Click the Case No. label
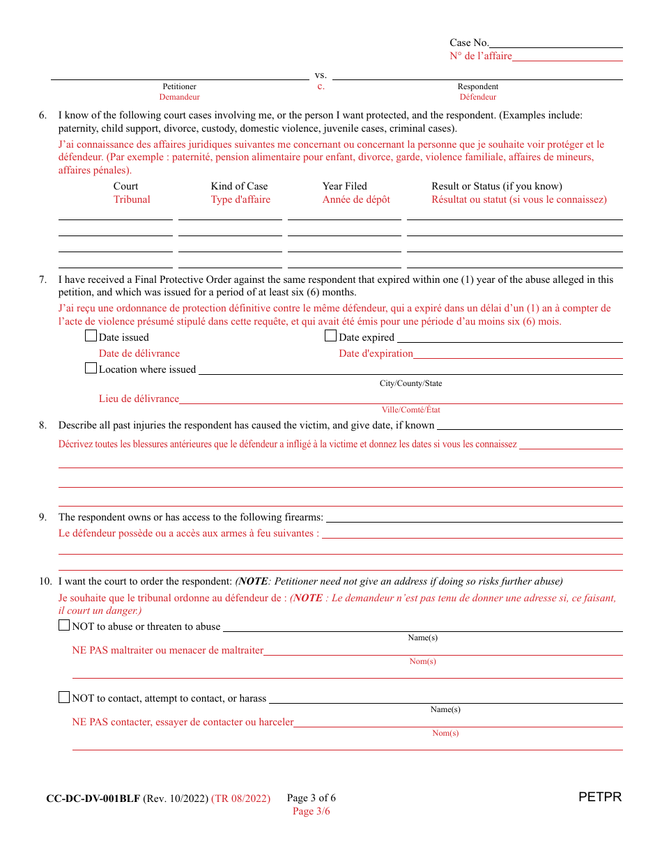(x=469, y=43)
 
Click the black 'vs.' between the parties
(x=321, y=75)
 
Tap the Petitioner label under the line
(x=179, y=86)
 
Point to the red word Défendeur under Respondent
(x=478, y=98)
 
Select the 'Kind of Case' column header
(x=239, y=186)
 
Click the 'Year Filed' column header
(x=344, y=186)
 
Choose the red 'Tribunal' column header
(x=132, y=199)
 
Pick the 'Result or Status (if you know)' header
(x=496, y=186)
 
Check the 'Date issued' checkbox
(x=91, y=336)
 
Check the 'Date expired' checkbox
(x=330, y=336)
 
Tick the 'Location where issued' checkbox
(x=91, y=368)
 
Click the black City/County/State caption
(x=410, y=384)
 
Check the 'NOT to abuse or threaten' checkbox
(x=64, y=625)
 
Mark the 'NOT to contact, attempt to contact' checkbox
(x=64, y=697)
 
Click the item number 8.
(x=43, y=425)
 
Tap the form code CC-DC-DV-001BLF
(x=93, y=798)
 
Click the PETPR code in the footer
(x=599, y=797)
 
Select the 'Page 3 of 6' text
(x=311, y=798)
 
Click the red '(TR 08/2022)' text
(x=242, y=798)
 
